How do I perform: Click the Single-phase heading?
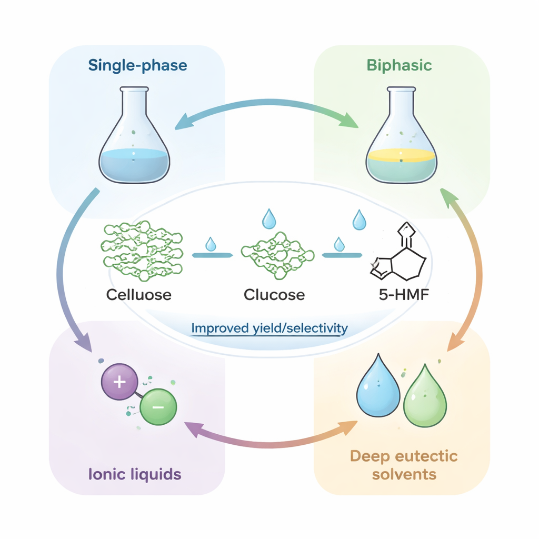(137, 66)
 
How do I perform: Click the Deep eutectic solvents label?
(404, 465)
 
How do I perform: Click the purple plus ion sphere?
(119, 382)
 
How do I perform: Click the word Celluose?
(139, 294)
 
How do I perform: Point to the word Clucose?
(274, 294)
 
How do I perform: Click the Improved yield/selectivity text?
(269, 329)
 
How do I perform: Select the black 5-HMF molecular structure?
(399, 255)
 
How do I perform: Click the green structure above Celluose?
(142, 251)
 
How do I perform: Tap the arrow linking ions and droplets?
(267, 437)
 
